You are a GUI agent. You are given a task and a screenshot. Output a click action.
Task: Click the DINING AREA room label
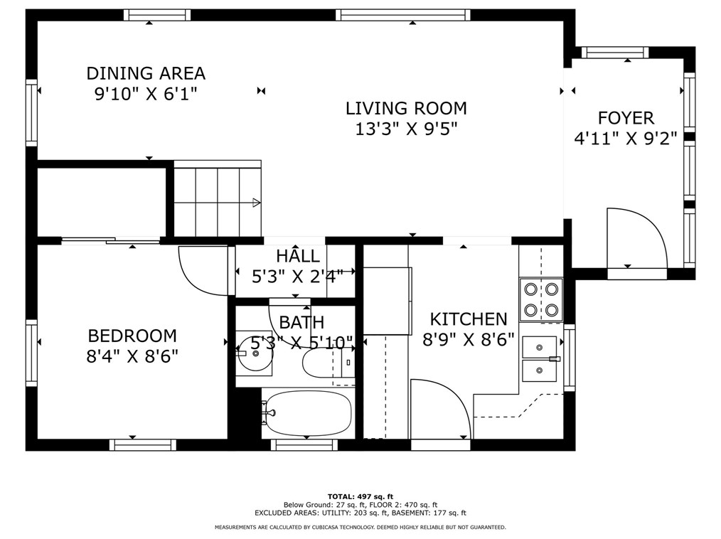(x=146, y=73)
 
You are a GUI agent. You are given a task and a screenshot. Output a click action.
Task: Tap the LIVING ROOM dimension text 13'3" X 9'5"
(x=407, y=129)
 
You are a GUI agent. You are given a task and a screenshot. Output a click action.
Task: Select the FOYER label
(x=626, y=118)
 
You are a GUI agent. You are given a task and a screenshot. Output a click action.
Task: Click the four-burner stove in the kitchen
(x=541, y=299)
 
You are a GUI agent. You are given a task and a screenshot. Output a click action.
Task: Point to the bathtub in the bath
(x=309, y=413)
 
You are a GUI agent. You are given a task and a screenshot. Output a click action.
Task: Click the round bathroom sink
(x=255, y=353)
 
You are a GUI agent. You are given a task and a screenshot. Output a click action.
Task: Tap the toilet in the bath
(x=329, y=362)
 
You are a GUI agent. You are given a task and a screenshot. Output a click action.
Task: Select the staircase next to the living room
(x=217, y=198)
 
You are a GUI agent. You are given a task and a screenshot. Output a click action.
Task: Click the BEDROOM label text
(x=132, y=336)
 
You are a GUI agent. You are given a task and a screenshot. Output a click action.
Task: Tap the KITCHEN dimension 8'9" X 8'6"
(x=468, y=340)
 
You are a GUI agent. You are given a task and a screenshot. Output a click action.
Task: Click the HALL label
(x=297, y=256)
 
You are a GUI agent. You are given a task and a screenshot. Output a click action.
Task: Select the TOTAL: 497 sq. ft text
(x=360, y=496)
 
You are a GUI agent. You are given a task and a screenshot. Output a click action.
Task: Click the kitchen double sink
(x=540, y=359)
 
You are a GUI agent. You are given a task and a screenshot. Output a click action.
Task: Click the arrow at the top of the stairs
(x=257, y=203)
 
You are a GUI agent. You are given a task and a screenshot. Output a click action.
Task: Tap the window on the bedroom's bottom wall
(x=142, y=444)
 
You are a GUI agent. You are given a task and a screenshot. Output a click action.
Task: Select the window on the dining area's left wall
(x=31, y=112)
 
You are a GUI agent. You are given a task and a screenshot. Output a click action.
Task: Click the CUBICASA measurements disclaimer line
(x=360, y=527)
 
